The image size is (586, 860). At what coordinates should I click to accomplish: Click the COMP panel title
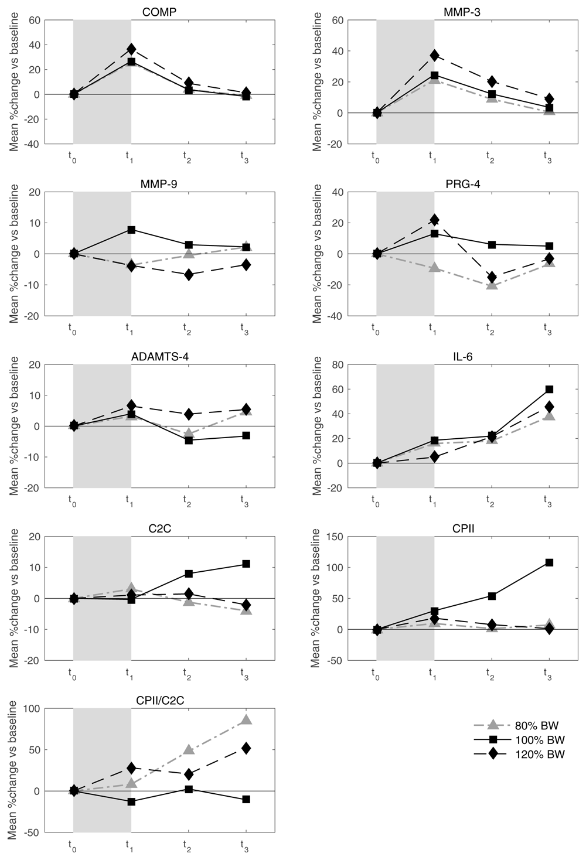pyautogui.click(x=159, y=12)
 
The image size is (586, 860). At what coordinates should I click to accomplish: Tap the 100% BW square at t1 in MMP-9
pyautogui.click(x=131, y=230)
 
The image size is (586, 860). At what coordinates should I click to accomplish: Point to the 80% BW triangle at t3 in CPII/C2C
pyautogui.click(x=246, y=720)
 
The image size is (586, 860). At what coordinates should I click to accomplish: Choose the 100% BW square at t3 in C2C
pyautogui.click(x=246, y=564)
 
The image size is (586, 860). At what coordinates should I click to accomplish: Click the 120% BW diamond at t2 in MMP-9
pyautogui.click(x=188, y=275)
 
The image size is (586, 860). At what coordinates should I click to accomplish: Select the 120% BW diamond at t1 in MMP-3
pyautogui.click(x=434, y=56)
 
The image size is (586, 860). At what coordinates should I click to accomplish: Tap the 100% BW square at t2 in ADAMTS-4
pyautogui.click(x=188, y=440)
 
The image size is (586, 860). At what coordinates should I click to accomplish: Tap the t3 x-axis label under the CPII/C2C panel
pyautogui.click(x=245, y=845)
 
